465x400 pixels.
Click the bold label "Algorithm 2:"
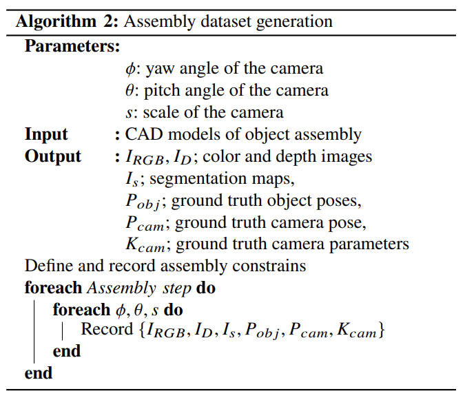point(67,21)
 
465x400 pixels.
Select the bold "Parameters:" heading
point(72,47)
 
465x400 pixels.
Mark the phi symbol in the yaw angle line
point(131,69)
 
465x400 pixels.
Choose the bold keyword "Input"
point(46,134)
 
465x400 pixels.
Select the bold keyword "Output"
point(53,156)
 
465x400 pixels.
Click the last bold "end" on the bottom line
point(39,373)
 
